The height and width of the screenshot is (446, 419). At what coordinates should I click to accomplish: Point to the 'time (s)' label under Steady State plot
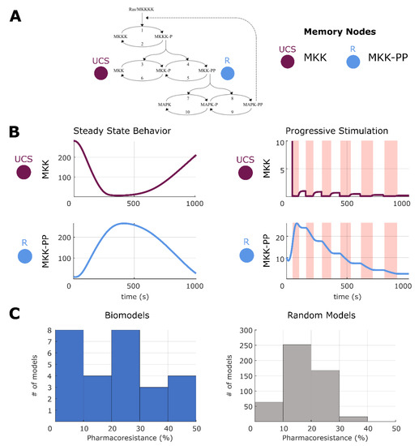tap(133, 297)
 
